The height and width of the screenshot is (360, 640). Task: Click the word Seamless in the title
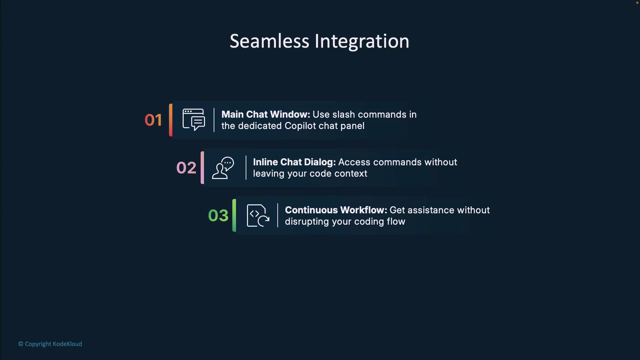pos(270,41)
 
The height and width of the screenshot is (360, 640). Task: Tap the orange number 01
pos(153,120)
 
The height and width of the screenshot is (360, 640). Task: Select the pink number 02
pos(186,168)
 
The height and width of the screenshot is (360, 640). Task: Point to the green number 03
pos(218,215)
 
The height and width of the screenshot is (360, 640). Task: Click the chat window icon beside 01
pos(194,120)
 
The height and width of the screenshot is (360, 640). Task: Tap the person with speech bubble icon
pos(223,168)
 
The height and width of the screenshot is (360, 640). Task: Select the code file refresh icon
pos(258,216)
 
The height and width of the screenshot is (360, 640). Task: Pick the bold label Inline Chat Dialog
pos(294,162)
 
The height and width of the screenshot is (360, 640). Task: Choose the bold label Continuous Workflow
pos(336,210)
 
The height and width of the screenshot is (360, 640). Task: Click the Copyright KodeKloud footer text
pos(50,344)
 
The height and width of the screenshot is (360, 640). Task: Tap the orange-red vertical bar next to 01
pos(171,120)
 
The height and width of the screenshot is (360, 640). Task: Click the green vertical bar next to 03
pos(234,215)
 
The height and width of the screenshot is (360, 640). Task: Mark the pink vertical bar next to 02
pos(202,168)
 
